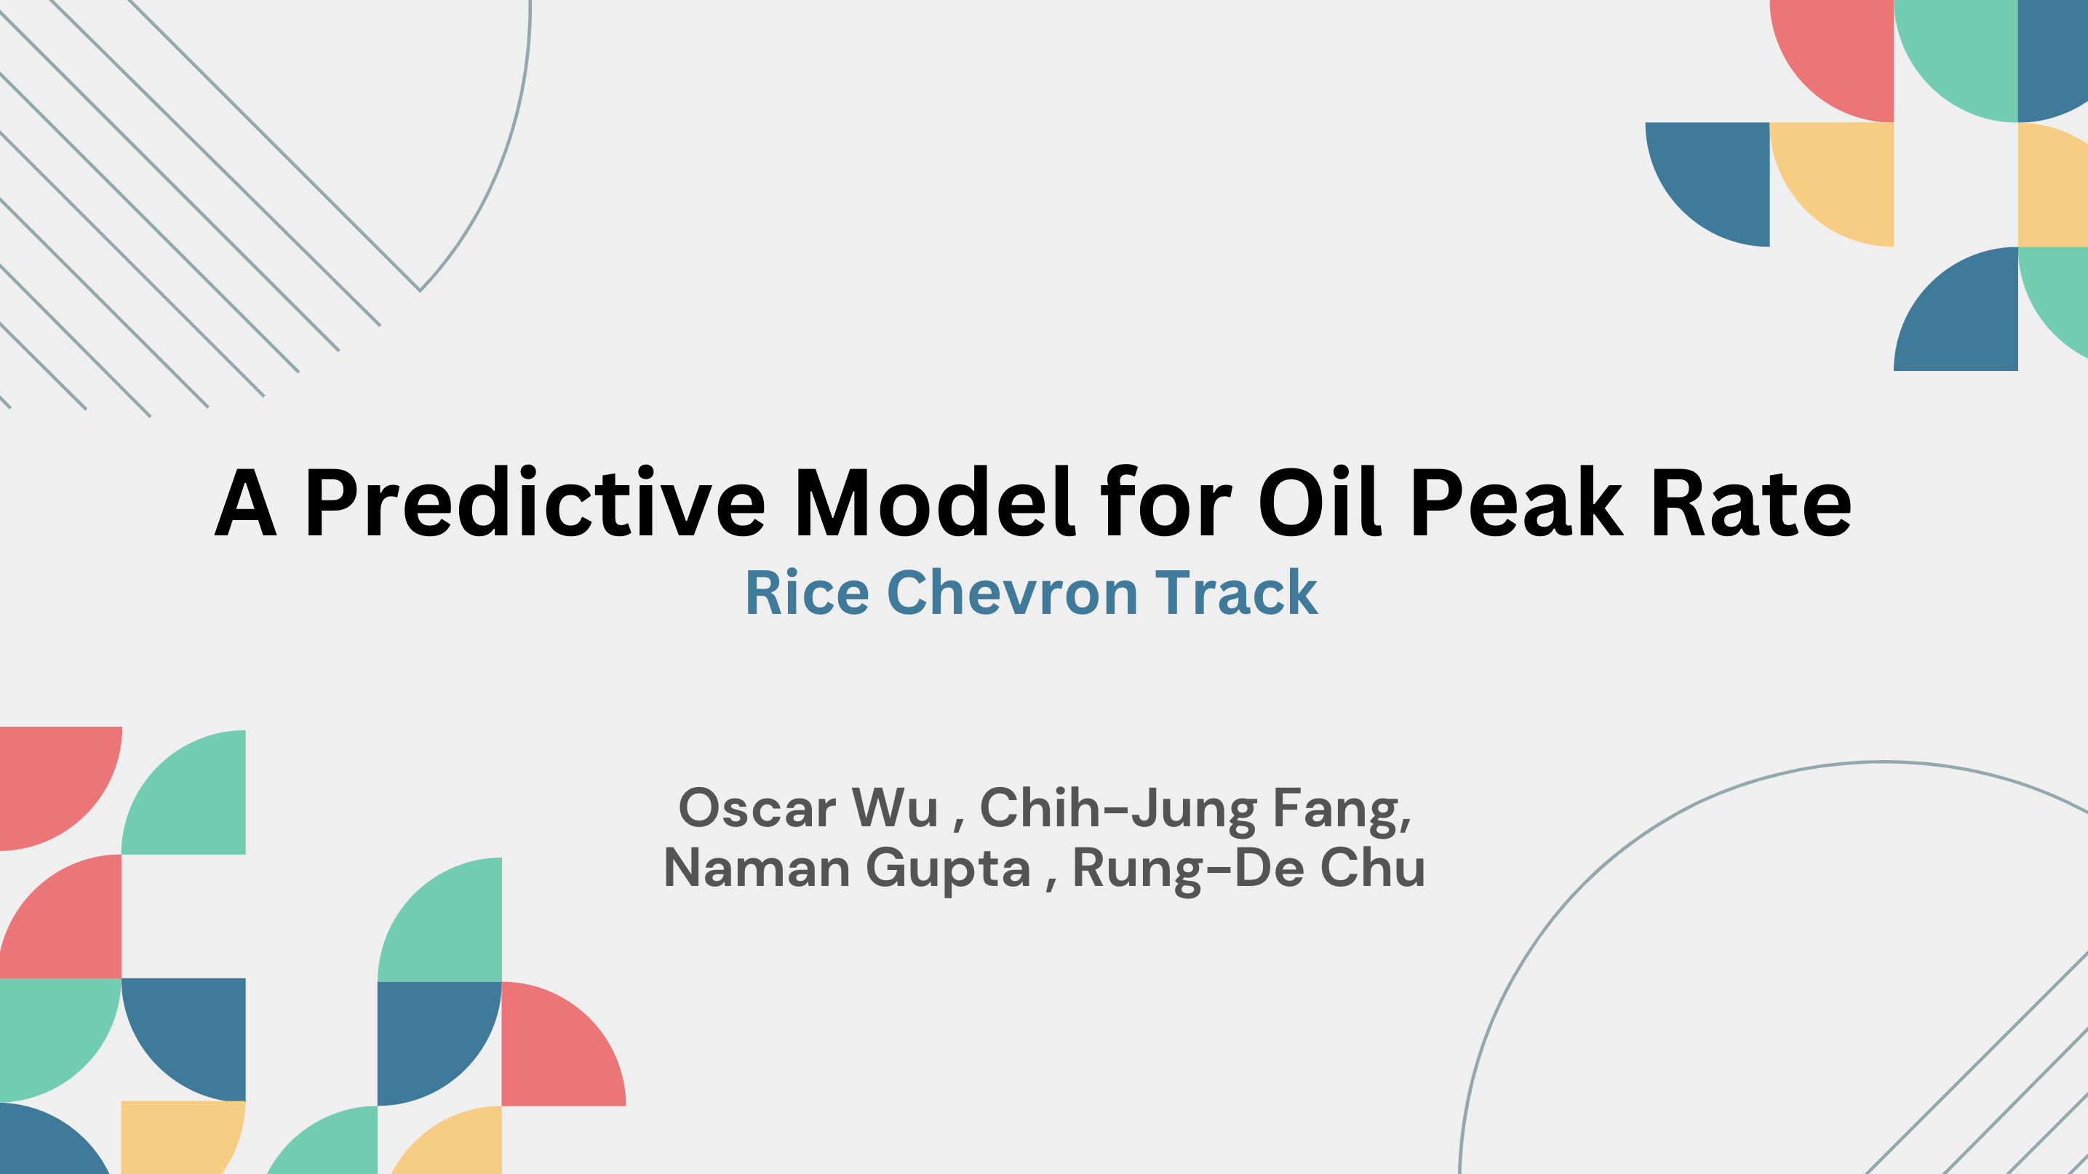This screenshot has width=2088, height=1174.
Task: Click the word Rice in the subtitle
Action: tap(807, 593)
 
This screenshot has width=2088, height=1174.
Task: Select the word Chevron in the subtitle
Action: tap(1013, 593)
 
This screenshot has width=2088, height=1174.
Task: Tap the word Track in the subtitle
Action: tap(1236, 593)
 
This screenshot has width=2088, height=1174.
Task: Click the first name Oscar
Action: tap(757, 808)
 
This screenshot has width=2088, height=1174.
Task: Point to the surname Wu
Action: tap(895, 808)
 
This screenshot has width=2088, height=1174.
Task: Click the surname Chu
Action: tap(1372, 868)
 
